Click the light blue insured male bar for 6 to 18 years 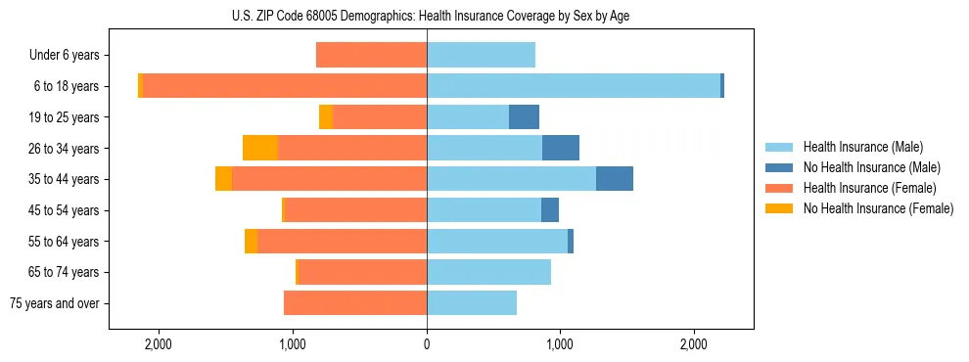point(573,86)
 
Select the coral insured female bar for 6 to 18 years point(284,86)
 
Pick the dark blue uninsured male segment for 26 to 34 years point(560,148)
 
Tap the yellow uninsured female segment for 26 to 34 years point(259,148)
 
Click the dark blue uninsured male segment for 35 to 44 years point(614,179)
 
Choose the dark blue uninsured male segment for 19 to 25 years point(524,117)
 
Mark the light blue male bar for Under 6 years point(481,55)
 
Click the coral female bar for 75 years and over point(355,303)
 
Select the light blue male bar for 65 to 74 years point(488,272)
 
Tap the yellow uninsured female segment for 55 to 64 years point(251,241)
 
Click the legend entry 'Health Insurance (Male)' point(862,147)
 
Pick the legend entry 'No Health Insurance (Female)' point(878,208)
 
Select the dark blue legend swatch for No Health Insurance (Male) point(780,167)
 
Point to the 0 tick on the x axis point(427,344)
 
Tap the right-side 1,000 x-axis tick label point(560,344)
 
